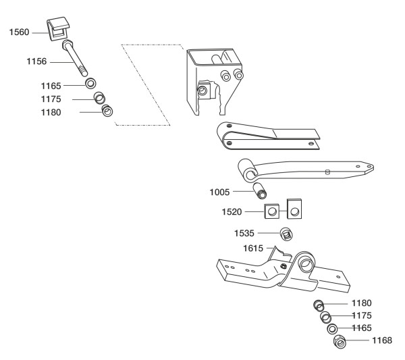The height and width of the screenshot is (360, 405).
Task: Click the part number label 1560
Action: tap(19, 32)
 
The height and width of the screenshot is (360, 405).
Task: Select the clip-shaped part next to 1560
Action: tap(58, 28)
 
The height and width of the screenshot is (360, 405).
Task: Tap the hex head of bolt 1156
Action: tap(67, 45)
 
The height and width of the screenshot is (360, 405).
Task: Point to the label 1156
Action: tap(36, 61)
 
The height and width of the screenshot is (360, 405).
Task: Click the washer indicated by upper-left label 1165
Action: tap(91, 84)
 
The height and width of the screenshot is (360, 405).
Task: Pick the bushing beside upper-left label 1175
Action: tap(99, 98)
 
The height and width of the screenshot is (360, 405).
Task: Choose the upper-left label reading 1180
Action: tap(51, 112)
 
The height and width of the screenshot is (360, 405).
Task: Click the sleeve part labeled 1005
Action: tap(260, 191)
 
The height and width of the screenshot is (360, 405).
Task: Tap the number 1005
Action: tap(219, 192)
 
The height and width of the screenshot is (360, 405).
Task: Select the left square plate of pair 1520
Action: tap(272, 211)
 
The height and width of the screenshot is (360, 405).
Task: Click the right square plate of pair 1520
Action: tap(294, 209)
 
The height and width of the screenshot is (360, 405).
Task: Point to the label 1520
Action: tap(232, 212)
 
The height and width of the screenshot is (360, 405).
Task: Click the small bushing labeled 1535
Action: tap(286, 234)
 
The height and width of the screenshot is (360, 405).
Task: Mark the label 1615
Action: tap(253, 249)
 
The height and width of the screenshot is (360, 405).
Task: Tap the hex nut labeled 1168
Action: tap(340, 342)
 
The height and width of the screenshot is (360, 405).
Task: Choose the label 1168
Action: tap(382, 340)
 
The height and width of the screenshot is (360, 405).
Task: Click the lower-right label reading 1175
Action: tap(362, 315)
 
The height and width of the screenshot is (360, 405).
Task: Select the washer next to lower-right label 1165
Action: tap(332, 329)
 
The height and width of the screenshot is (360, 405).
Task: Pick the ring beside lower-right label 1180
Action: tap(319, 306)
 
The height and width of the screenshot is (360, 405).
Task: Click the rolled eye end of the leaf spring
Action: tap(247, 170)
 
